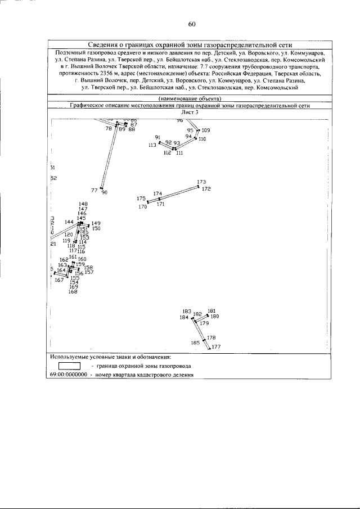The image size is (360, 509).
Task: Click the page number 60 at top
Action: (191, 24)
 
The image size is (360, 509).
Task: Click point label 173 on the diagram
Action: (202, 182)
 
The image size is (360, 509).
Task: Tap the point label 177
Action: (216, 346)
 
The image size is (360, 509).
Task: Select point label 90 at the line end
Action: (105, 192)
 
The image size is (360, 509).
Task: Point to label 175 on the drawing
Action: (141, 199)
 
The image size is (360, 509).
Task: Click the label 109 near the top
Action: (205, 130)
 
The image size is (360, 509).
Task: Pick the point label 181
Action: (211, 310)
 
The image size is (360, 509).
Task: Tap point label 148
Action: (83, 204)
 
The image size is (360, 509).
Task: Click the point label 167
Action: (59, 280)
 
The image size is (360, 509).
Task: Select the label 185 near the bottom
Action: (195, 342)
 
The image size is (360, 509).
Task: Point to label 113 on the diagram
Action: (152, 145)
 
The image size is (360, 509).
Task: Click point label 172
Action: (206, 189)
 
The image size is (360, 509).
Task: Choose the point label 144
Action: (69, 222)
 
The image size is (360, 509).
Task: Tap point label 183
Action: (187, 310)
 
